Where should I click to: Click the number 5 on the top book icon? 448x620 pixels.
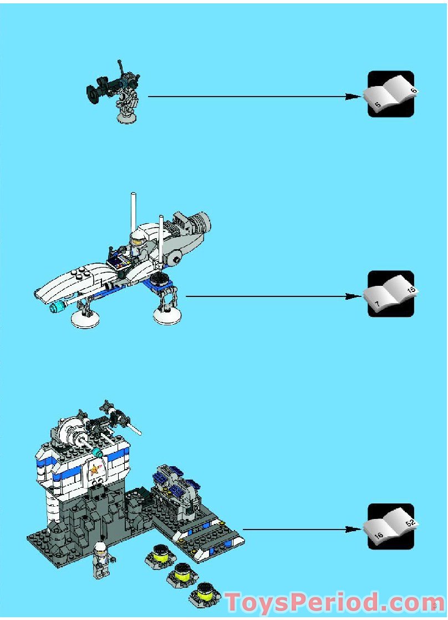(378, 104)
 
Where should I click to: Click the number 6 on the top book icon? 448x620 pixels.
(413, 90)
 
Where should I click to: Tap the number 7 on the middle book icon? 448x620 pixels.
(377, 304)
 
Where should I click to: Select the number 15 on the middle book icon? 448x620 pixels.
(411, 290)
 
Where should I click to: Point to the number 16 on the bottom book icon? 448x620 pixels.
(379, 536)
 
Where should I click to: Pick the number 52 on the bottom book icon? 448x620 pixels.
(411, 523)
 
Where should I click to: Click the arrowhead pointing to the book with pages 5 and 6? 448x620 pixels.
(353, 97)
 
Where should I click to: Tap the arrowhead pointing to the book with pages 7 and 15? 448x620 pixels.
(353, 296)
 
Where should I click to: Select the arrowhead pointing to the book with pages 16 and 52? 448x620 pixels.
(353, 530)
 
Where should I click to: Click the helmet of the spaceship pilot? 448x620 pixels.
(135, 240)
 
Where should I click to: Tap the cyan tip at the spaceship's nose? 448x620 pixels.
(57, 307)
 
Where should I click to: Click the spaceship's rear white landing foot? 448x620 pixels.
(166, 317)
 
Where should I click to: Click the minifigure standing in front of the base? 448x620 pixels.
(101, 561)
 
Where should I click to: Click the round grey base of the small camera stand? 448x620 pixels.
(127, 117)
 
